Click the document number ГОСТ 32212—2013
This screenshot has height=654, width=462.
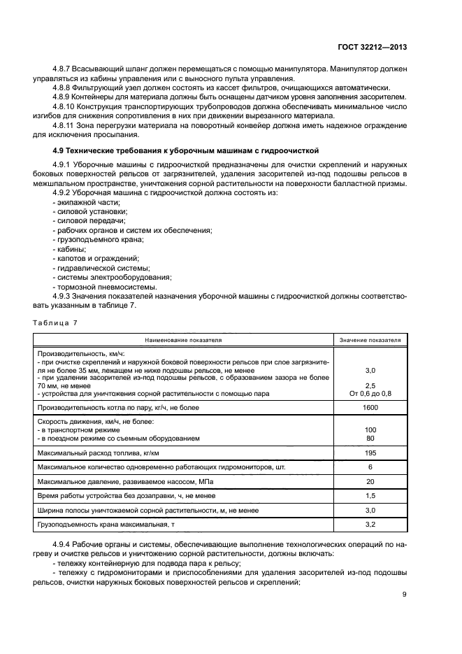(373, 46)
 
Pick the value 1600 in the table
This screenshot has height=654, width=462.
(370, 407)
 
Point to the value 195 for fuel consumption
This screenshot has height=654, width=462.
(370, 452)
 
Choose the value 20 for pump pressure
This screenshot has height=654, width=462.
(370, 481)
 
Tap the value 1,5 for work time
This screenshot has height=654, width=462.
(370, 496)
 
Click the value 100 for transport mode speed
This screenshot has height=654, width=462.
(370, 429)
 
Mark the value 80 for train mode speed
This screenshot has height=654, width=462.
(370, 438)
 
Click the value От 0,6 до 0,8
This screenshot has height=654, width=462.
(370, 393)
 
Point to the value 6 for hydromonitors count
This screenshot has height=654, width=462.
(370, 467)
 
